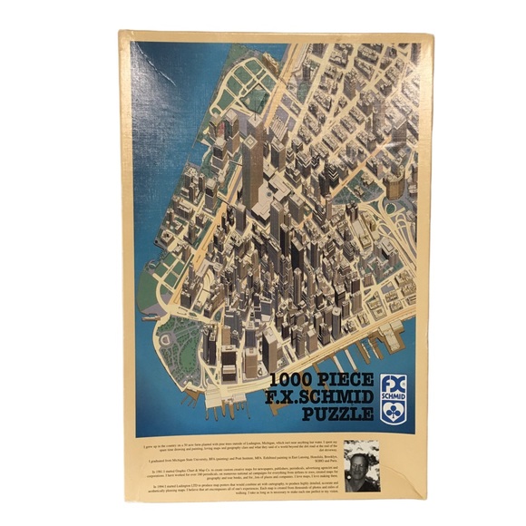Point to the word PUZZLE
click(x=339, y=414)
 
